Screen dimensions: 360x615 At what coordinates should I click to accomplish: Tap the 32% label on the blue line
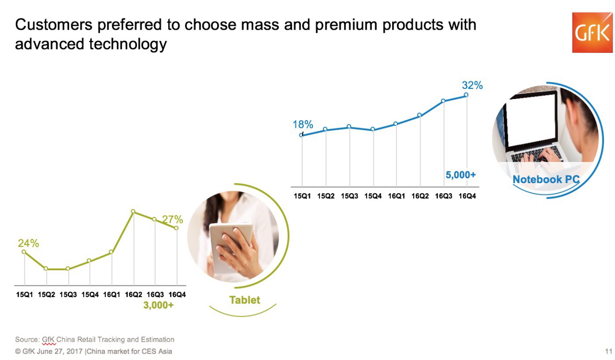tap(472, 86)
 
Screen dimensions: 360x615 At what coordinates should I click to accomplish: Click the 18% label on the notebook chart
tap(303, 125)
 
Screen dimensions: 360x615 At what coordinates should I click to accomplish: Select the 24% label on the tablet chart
tap(28, 243)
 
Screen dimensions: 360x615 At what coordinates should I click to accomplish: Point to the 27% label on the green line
tap(172, 220)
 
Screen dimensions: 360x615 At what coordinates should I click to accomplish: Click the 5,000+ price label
tap(460, 175)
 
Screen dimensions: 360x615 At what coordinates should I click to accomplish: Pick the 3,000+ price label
tap(159, 305)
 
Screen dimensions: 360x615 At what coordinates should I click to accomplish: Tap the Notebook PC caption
tap(546, 180)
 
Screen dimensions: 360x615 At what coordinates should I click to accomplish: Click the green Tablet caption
tap(245, 300)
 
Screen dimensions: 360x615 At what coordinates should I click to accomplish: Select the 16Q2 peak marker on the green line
tap(133, 211)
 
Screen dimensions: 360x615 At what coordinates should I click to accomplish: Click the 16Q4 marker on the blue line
tap(466, 95)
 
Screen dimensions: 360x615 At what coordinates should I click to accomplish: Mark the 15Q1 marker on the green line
tap(24, 252)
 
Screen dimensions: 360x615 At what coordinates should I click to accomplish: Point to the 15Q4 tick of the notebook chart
tap(373, 196)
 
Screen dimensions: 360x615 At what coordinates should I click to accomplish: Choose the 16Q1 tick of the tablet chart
tap(111, 294)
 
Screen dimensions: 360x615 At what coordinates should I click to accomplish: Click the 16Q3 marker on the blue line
tap(443, 101)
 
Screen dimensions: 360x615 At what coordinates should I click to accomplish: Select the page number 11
tap(608, 351)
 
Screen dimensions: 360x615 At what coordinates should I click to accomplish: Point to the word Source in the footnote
tap(26, 340)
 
